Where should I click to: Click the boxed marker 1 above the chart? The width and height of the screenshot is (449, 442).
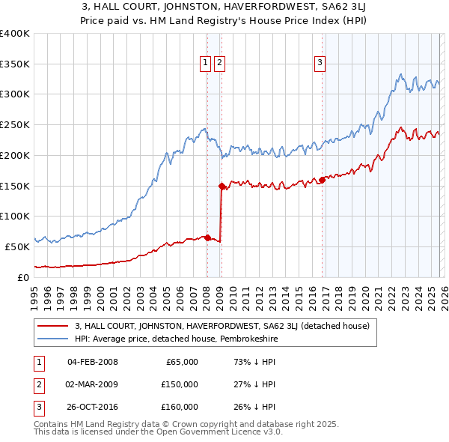(x=205, y=64)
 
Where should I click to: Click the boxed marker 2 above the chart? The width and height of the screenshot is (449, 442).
(x=219, y=64)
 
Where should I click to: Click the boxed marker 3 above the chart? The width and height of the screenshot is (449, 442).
(x=320, y=64)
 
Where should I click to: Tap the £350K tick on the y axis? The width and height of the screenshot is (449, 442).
(x=15, y=64)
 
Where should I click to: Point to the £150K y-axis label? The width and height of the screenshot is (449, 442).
(x=15, y=185)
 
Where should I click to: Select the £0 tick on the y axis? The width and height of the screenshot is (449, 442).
(x=24, y=276)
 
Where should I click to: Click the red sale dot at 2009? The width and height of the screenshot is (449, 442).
(x=222, y=186)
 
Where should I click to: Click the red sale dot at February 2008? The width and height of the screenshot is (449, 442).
(x=207, y=237)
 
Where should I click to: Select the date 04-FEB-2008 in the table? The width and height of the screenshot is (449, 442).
(x=92, y=362)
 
